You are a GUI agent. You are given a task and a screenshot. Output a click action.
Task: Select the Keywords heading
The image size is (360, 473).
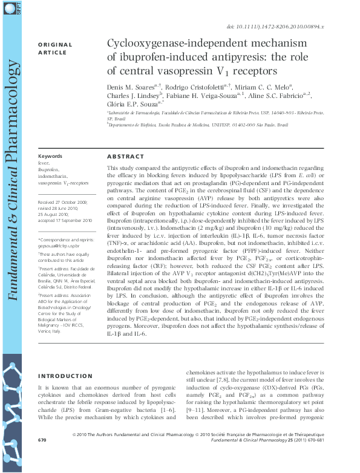[50, 156]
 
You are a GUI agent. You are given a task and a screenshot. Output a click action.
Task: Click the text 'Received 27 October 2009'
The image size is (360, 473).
[62, 201]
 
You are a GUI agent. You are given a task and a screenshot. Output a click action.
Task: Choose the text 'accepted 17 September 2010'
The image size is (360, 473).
[65, 221]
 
